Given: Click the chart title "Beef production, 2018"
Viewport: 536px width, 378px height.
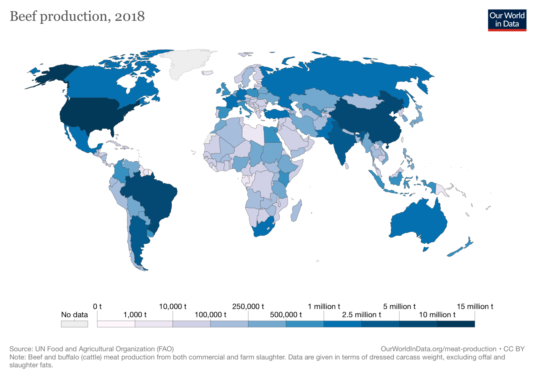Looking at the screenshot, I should point(77,16).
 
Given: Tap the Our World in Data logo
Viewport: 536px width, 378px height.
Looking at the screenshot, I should point(507,20).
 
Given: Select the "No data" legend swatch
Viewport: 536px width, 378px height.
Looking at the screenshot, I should point(74,324).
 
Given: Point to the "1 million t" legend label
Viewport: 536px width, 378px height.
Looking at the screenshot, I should point(324,307).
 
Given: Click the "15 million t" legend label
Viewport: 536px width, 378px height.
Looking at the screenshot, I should point(475,307).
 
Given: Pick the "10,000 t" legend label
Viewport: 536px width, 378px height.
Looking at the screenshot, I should point(173,307).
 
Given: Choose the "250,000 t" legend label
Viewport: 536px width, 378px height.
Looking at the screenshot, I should point(248,307).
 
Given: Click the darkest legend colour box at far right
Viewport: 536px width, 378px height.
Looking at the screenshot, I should point(456,324).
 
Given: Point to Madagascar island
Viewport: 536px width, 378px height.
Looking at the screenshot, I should point(296,211).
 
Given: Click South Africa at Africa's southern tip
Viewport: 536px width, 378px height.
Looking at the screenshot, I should point(263,228).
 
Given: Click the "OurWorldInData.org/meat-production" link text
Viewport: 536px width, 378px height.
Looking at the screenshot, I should point(438,349).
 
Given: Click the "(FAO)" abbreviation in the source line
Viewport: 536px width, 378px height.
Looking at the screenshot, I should point(165,349).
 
